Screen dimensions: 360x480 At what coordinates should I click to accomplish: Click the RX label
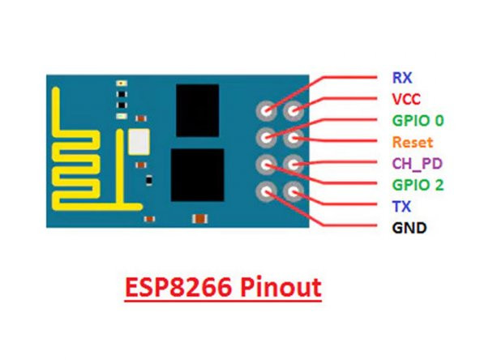tap(400, 79)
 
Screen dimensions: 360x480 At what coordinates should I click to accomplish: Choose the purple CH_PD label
tap(413, 164)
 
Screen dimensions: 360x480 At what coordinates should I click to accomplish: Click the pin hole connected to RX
tap(265, 109)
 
